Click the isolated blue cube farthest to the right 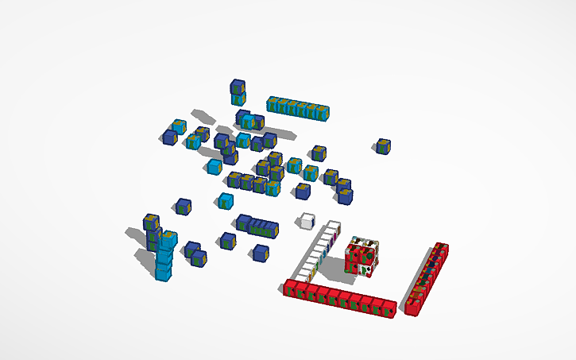click(384, 146)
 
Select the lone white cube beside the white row click(306, 221)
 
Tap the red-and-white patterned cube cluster click(361, 258)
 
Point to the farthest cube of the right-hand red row click(441, 251)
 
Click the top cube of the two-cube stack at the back click(238, 87)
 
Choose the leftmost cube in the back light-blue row click(274, 104)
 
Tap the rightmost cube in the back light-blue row click(322, 112)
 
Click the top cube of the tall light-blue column click(168, 238)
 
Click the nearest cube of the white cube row click(307, 273)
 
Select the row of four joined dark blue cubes click(257, 226)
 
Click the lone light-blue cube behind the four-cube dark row click(226, 200)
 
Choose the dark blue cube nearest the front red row click(260, 254)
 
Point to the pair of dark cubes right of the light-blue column click(195, 254)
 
